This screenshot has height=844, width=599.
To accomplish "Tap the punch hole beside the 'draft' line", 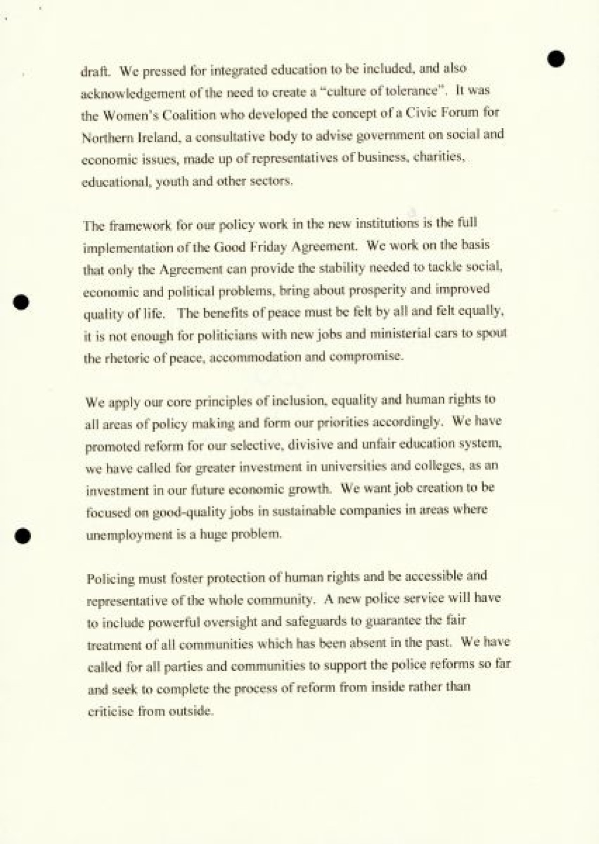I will tap(556, 58).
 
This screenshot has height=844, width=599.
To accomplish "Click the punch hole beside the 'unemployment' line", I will tap(22, 535).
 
